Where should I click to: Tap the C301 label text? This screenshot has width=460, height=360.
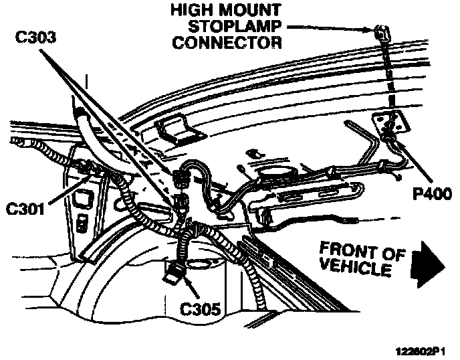coord(25,208)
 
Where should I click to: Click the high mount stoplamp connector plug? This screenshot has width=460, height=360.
coord(381,31)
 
